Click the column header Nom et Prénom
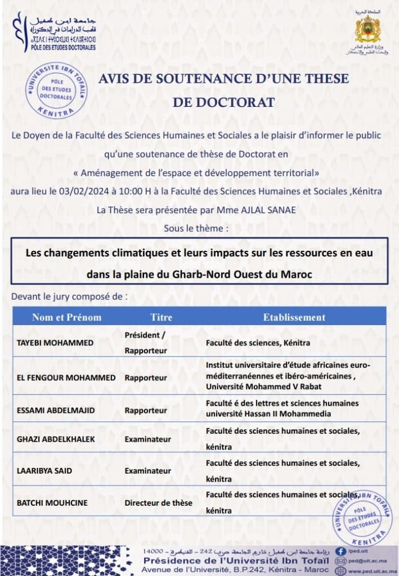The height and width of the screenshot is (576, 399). coord(66,317)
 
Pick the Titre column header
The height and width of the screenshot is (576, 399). coord(161,317)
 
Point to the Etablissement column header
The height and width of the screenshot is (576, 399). coord(294,317)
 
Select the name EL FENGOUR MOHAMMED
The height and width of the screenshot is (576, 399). coord(66,377)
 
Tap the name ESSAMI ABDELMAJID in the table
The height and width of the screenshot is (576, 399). coord(56,411)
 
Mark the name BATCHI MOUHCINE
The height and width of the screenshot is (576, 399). coord(53,502)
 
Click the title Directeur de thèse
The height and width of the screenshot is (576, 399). coord(158,502)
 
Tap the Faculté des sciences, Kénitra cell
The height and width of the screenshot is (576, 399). coord(258,343)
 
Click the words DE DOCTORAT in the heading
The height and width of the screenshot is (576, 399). coord(223,102)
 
